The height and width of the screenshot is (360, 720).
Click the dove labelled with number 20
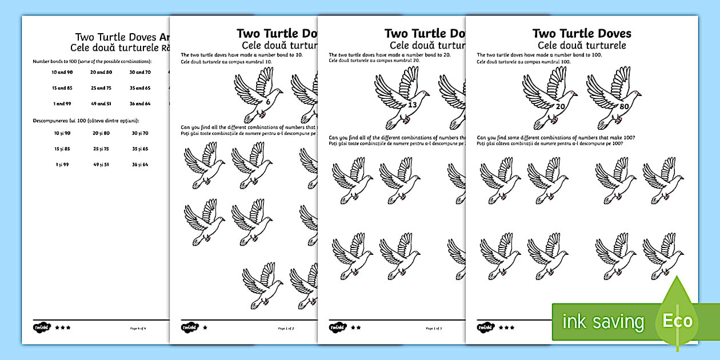pyautogui.click(x=549, y=98)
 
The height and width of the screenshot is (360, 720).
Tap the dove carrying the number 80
pyautogui.click(x=613, y=98)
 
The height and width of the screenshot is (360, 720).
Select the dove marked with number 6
pyautogui.click(x=258, y=95)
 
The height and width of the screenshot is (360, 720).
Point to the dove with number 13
pyautogui.click(x=402, y=98)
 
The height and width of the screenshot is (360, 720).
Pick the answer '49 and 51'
pyautogui.click(x=101, y=103)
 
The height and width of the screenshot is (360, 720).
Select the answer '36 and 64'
pyautogui.click(x=139, y=103)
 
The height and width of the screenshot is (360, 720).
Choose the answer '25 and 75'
pyautogui.click(x=101, y=88)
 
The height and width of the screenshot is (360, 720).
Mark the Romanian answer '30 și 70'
pyautogui.click(x=139, y=133)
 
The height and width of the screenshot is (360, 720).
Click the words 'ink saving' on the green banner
pyautogui.click(x=603, y=322)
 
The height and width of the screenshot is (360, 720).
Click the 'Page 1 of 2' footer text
pyautogui.click(x=286, y=329)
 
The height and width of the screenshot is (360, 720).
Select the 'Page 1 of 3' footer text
pyautogui.click(x=434, y=329)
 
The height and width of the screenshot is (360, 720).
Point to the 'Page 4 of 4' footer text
pyautogui.click(x=138, y=328)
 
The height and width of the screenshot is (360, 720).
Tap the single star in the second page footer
pyautogui.click(x=205, y=328)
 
